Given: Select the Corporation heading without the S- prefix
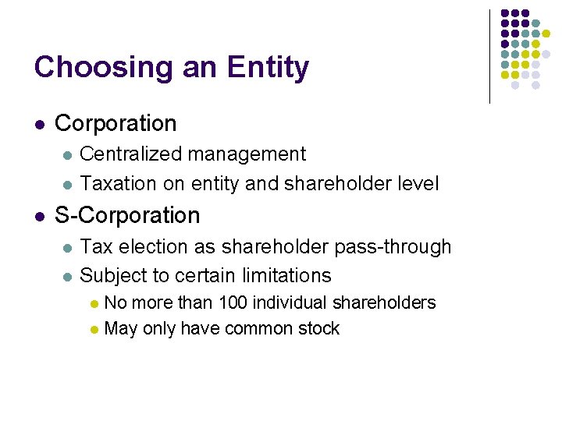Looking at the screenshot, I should coord(116,123).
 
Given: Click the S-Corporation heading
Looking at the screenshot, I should coord(127,215).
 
